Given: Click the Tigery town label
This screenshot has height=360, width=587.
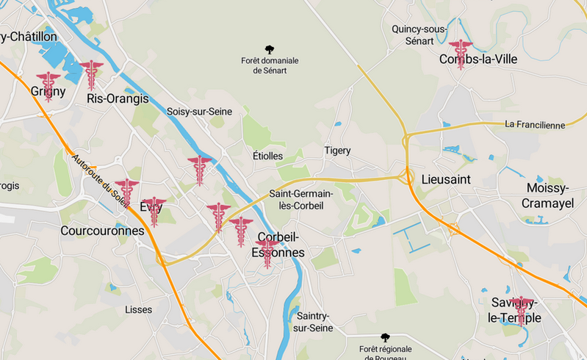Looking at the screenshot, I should click(x=337, y=151).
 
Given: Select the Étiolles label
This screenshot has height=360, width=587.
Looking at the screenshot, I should click(x=267, y=156).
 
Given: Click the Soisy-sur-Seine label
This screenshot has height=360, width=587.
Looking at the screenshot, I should click(x=200, y=112).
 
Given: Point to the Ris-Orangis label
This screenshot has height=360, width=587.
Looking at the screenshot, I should click(x=118, y=98).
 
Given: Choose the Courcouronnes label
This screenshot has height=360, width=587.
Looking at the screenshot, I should click(x=102, y=231).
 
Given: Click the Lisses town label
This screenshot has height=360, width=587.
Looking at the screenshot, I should click(x=138, y=309).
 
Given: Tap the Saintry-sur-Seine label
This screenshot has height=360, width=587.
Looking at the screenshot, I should click(x=311, y=321).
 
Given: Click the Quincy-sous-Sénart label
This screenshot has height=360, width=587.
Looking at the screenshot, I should click(x=419, y=35).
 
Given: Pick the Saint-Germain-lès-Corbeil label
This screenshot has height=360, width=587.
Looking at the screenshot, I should click(x=301, y=200).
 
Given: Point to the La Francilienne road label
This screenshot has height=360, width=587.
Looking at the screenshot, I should click(x=535, y=125).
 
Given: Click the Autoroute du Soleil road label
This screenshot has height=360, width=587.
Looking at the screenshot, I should click(x=100, y=179).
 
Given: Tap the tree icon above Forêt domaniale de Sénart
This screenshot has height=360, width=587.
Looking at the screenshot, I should click(x=270, y=50).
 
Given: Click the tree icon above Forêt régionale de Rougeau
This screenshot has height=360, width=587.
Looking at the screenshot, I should click(x=385, y=337).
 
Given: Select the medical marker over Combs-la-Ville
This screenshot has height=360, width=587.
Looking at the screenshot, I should click(x=461, y=54).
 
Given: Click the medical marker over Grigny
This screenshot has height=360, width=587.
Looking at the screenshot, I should click(x=49, y=85).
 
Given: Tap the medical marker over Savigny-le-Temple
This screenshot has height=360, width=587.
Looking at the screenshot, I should click(x=522, y=310).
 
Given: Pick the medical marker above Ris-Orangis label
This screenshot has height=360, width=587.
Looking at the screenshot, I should click(x=91, y=74).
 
